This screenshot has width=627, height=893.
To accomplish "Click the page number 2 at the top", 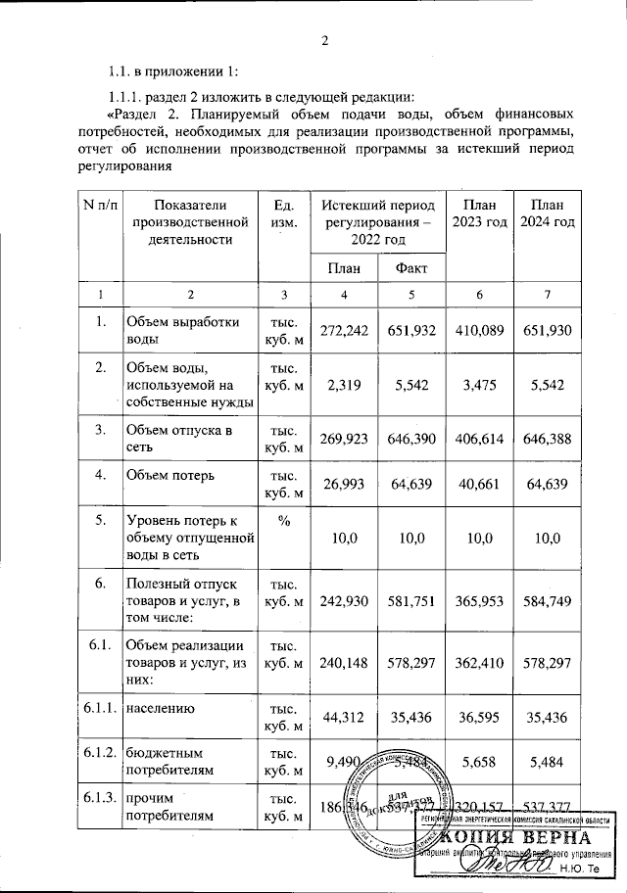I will pos(325,40).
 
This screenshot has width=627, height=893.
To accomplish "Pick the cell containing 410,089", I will pos(479,331).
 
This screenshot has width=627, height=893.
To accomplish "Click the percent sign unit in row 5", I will pos(283,521).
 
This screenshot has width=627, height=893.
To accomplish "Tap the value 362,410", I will pos(479,662).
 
